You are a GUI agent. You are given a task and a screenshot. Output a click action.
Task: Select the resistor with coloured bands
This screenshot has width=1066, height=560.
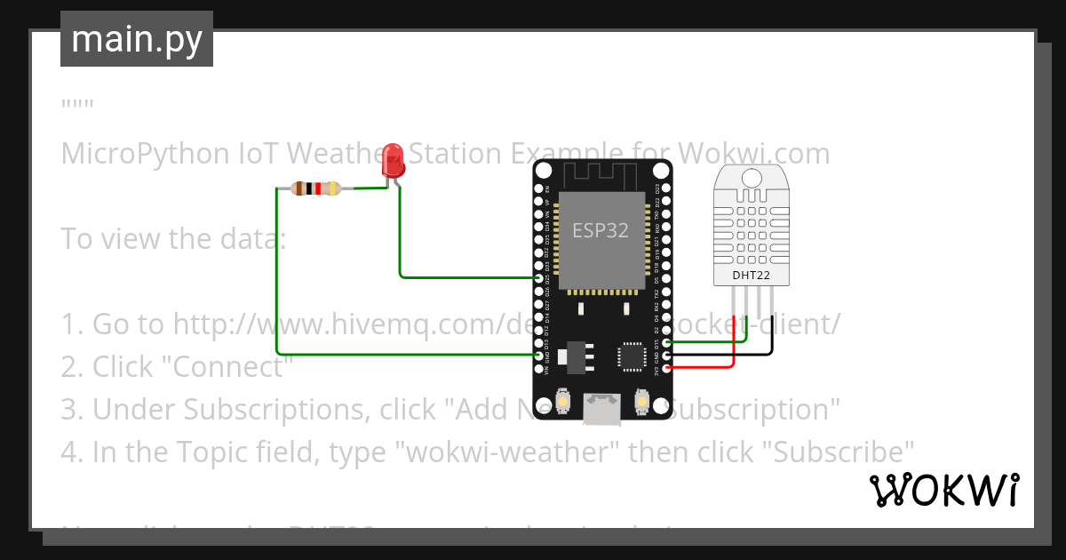coord(315,188)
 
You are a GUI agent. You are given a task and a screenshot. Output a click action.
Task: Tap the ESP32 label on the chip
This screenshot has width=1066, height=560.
coord(601,231)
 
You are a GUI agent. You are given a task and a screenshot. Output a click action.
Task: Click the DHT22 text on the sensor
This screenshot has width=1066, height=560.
coord(751,276)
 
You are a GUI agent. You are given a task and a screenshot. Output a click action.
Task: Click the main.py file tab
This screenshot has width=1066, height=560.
coord(137,40)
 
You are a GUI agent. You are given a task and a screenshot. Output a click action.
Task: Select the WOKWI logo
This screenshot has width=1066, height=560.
coord(943,491)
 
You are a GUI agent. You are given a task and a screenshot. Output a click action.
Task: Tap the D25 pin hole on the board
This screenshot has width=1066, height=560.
coord(539,278)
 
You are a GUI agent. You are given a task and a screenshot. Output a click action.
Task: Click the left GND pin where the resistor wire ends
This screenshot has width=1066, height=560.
coord(539,355)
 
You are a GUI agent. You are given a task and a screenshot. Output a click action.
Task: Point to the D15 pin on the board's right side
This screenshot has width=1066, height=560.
coord(665,342)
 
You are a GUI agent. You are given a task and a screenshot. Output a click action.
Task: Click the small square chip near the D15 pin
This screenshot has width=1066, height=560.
coord(632,356)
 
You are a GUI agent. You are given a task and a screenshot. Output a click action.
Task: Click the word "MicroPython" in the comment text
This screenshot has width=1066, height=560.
coord(145,154)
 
